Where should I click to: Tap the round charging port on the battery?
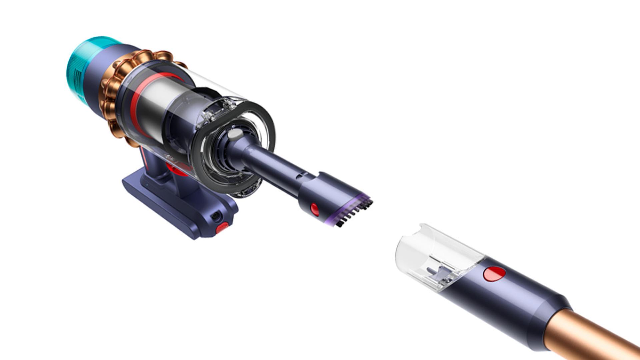pos(216,217)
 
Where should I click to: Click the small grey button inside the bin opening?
pos(235,134)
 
